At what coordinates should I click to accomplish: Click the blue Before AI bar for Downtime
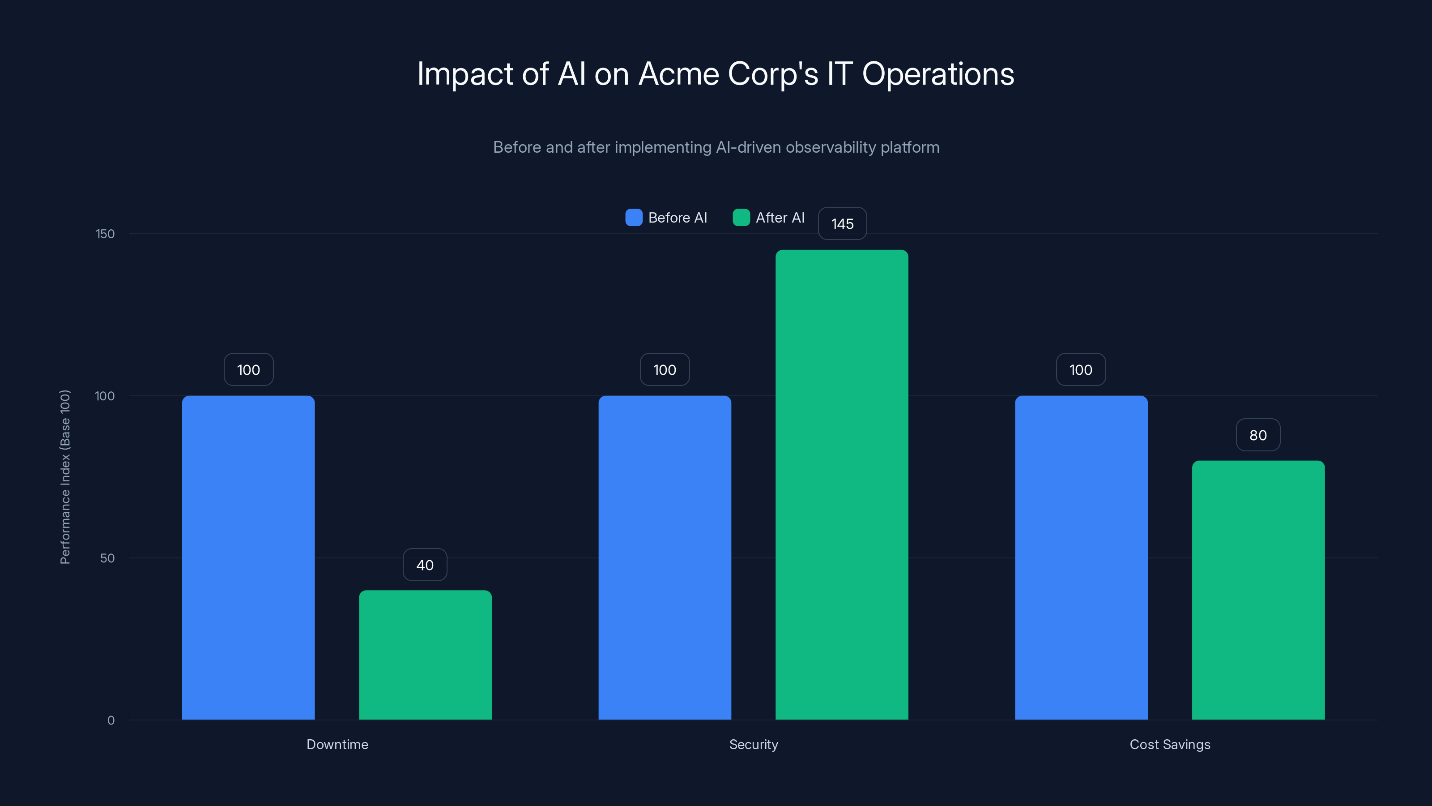(x=248, y=557)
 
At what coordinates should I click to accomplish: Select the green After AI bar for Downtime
(x=425, y=655)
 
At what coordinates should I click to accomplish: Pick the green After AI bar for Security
(x=842, y=484)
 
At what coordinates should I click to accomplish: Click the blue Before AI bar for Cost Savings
(x=1081, y=557)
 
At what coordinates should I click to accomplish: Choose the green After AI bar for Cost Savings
(x=1258, y=590)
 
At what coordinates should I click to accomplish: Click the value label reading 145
(x=842, y=223)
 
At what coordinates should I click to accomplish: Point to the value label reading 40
(x=425, y=565)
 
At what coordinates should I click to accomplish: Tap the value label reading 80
(x=1258, y=435)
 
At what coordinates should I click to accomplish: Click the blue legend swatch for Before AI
(x=634, y=218)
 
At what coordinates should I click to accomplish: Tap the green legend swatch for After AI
(x=741, y=218)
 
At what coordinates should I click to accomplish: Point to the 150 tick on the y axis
(x=105, y=234)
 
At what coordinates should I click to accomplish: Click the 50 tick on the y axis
(x=107, y=558)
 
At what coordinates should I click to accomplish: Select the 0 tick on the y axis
(x=111, y=720)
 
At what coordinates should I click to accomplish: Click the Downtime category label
(x=337, y=744)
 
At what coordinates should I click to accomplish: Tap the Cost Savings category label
(x=1170, y=744)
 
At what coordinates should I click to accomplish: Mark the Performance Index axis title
(x=65, y=477)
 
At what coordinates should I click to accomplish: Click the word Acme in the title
(x=678, y=74)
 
